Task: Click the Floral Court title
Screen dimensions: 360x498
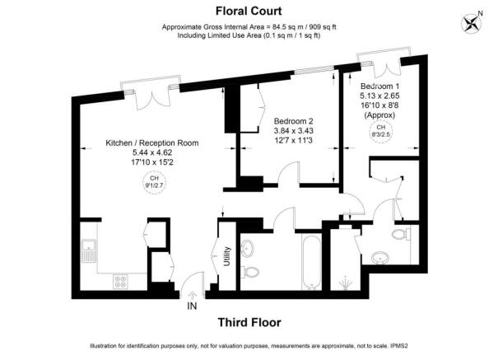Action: [x=249, y=11]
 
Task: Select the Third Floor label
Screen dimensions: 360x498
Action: [x=249, y=322]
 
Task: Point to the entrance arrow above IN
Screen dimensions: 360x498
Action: [x=193, y=293]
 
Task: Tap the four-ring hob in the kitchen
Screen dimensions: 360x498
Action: [x=121, y=281]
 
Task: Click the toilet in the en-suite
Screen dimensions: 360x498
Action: [x=399, y=236]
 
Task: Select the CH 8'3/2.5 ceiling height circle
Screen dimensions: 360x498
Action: [x=380, y=131]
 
